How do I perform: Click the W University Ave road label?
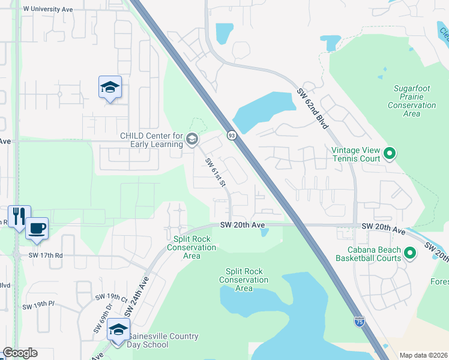[x=47, y=10]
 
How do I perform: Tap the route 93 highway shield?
[x=231, y=136]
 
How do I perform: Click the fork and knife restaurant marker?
[x=18, y=216]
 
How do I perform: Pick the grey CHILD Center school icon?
[x=192, y=140]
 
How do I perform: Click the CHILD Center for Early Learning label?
[x=151, y=140]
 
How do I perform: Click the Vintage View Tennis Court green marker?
[x=390, y=154]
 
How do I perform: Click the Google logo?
[x=20, y=353]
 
